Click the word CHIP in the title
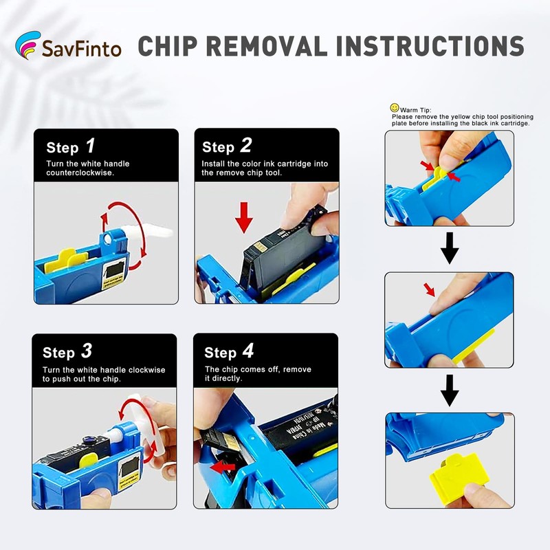pos(167,46)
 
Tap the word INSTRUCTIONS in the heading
pos(430,46)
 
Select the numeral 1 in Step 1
pos(91,146)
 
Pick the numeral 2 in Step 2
pos(246,145)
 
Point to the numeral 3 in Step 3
pos(87,351)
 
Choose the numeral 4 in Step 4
pos(248,351)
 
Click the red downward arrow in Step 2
pos(244,217)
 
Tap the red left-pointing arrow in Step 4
pos(222,467)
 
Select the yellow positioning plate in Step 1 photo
pos(65,261)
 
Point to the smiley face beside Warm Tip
pos(395,108)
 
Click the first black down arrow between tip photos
pos(450,248)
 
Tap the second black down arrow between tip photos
pos(450,390)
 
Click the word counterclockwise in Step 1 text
pos(80,173)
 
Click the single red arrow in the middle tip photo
pos(429,289)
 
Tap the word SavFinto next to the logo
pos(82,49)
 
